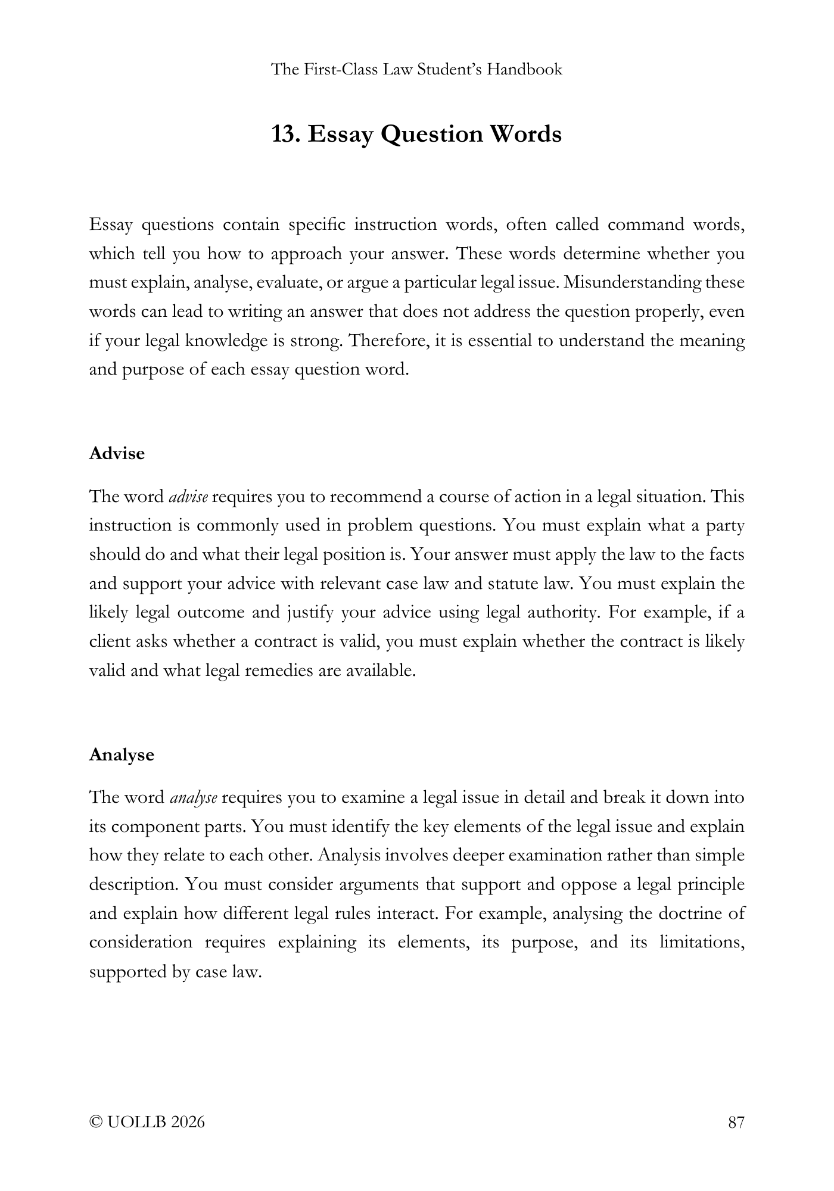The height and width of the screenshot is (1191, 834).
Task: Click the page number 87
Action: [736, 1123]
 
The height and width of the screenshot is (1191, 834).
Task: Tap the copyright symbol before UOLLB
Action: [95, 1123]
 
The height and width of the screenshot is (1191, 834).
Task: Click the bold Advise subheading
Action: [117, 454]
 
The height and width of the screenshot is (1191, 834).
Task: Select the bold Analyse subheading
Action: [122, 755]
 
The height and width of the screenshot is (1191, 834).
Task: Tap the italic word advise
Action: [188, 497]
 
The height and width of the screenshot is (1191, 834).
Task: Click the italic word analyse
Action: [194, 798]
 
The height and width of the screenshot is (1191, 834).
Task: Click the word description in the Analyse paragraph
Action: [131, 885]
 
